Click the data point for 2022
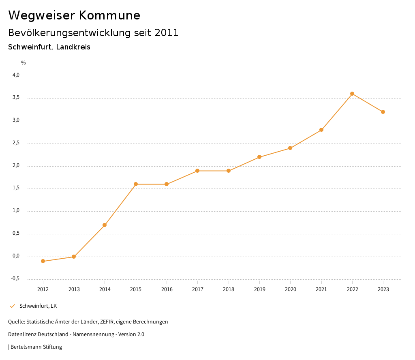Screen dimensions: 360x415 [352, 94]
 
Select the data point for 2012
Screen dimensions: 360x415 [43, 261]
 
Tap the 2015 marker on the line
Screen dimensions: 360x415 [136, 184]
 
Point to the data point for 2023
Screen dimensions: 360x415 [383, 112]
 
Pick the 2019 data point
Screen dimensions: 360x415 [259, 157]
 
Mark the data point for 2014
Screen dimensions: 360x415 [105, 225]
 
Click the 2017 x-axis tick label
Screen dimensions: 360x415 [198, 289]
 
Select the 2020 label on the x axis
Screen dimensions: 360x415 [290, 289]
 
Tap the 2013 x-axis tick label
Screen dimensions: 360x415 [74, 289]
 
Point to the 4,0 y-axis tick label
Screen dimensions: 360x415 [16, 75]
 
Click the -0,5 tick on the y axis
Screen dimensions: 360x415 [15, 279]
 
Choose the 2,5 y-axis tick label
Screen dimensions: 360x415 [16, 143]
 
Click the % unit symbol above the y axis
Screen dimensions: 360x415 [24, 63]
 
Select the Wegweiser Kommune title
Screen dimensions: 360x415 [74, 15]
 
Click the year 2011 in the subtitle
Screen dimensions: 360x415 [167, 33]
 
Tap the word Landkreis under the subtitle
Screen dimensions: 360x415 [73, 47]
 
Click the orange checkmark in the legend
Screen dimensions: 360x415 [12, 306]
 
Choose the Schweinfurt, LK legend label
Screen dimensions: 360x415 [38, 306]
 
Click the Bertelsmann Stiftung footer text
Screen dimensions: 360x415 [36, 347]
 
